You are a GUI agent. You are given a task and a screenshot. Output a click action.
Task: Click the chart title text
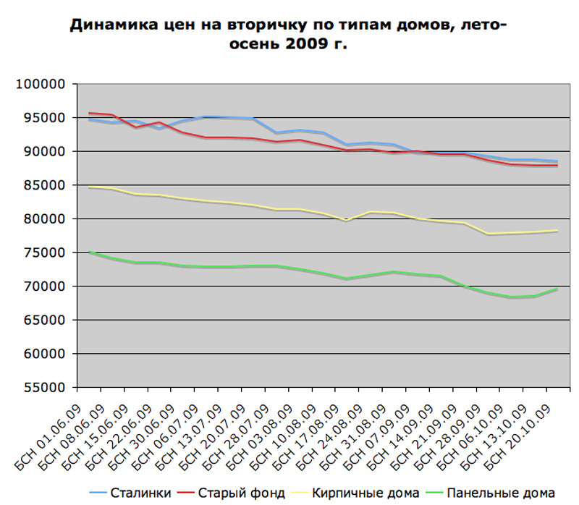click(x=288, y=36)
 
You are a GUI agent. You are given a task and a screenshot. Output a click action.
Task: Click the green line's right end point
click(x=557, y=289)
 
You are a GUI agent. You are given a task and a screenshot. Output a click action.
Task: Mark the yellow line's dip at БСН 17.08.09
click(x=346, y=220)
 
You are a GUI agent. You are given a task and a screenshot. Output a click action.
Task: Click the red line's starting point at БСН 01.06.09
click(x=89, y=113)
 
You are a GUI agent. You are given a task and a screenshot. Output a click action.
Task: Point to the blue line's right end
click(x=557, y=161)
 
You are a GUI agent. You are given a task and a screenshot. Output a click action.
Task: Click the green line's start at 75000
click(x=89, y=252)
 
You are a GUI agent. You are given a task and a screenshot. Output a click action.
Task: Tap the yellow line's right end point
click(x=557, y=230)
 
